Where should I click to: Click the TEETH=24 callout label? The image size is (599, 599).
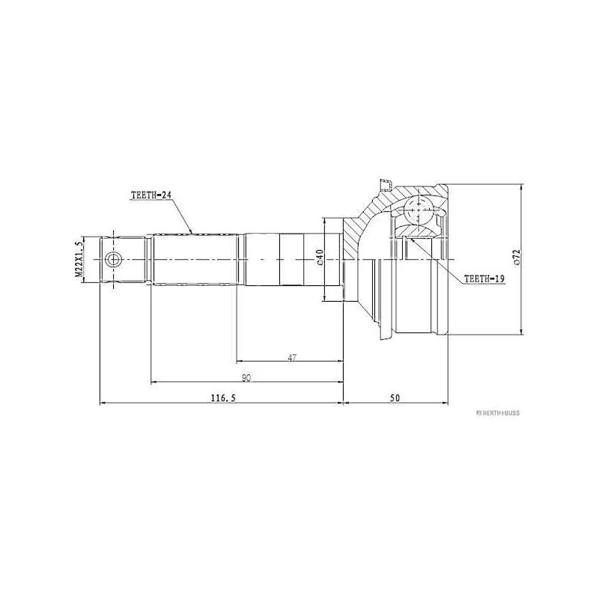tap(152, 195)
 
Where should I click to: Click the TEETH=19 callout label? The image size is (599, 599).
tap(485, 278)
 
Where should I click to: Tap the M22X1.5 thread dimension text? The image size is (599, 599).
tap(79, 260)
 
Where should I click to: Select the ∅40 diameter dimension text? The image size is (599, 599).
tap(319, 258)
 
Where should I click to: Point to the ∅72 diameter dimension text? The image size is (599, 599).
tap(515, 258)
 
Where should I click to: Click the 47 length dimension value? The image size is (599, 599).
tap(292, 358)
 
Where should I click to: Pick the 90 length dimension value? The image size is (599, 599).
tap(246, 378)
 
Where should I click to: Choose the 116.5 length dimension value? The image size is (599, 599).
tap(222, 398)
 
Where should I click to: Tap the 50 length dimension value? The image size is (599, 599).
tap(395, 398)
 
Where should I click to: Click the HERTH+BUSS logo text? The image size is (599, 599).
tap(493, 413)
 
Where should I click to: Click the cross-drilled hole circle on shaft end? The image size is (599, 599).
tap(112, 260)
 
